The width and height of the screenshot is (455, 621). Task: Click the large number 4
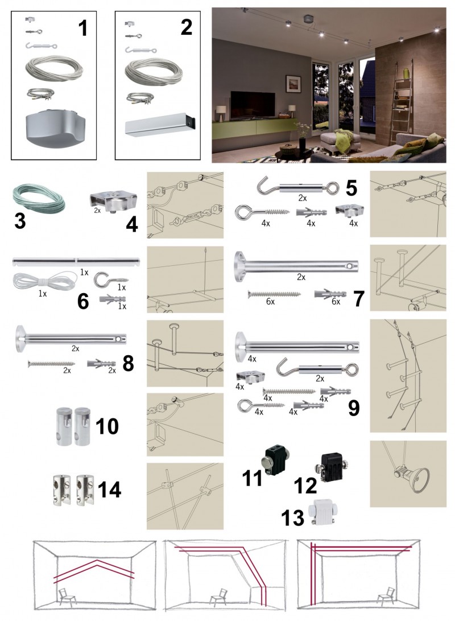[132, 225]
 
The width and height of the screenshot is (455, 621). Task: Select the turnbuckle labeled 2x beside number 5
[298, 187]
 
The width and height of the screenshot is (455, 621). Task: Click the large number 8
[128, 363]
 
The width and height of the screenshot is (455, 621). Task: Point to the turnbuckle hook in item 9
[318, 367]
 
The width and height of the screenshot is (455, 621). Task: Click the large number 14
[109, 490]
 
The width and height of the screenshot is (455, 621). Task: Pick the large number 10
[107, 426]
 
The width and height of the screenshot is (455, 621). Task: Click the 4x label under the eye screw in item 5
[266, 223]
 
